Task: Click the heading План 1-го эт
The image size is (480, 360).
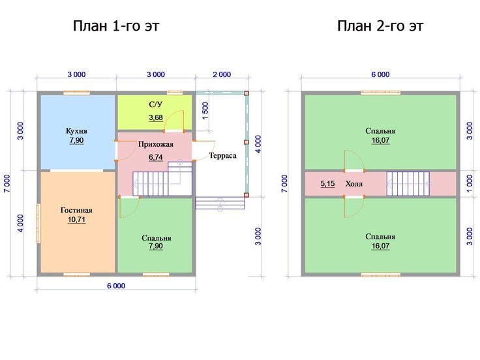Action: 116,26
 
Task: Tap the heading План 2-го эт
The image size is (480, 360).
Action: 380,26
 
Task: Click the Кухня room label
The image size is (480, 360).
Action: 76,131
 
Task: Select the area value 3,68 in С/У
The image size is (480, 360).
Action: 156,117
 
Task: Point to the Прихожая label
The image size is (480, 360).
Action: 156,144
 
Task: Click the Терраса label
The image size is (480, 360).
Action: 222,155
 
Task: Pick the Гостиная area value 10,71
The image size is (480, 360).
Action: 76,220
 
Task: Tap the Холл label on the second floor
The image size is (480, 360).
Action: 354,184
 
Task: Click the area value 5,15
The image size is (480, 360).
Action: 327,184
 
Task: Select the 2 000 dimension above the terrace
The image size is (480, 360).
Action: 222,74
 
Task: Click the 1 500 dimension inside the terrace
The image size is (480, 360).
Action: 205,112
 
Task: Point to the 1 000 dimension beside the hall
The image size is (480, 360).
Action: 470,184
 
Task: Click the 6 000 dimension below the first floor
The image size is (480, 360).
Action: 116,286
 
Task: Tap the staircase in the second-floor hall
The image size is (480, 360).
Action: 408,184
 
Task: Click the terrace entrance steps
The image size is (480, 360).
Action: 220,203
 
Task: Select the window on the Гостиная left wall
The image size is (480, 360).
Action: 38,224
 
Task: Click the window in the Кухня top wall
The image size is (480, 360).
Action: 76,93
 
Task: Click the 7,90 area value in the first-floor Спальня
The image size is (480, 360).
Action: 156,246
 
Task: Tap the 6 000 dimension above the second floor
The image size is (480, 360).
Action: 380,74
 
